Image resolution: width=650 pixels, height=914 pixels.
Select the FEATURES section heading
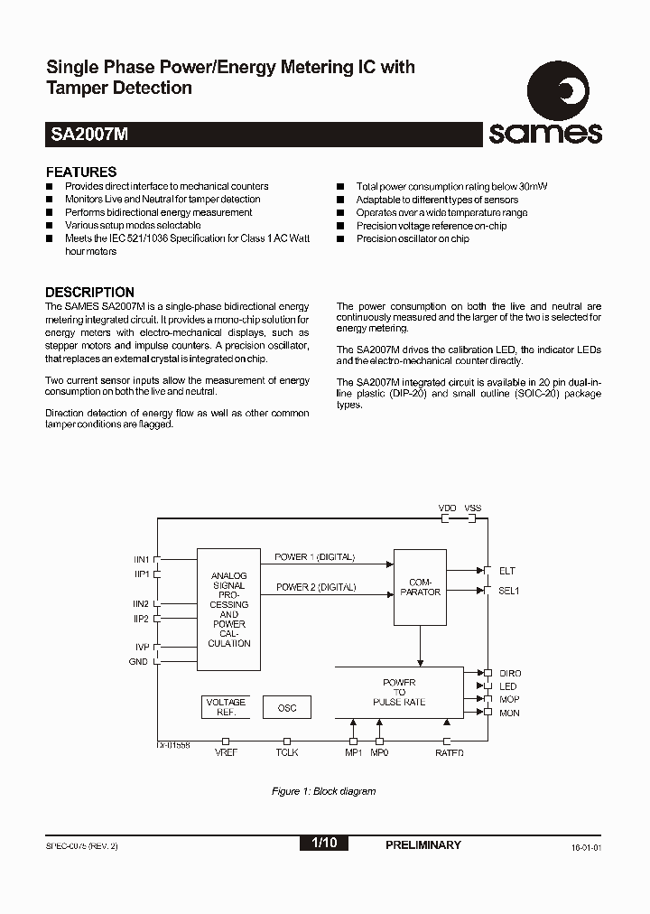(81, 172)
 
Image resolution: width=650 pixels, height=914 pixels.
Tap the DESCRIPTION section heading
(89, 292)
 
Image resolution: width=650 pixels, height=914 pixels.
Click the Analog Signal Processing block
(229, 609)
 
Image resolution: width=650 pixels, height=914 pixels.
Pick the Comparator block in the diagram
(420, 587)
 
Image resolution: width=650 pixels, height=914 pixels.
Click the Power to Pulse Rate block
(399, 693)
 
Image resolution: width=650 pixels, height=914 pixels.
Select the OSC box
(286, 707)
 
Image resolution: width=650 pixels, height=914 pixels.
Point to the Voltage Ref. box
(226, 707)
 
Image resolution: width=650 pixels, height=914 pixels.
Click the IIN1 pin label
(142, 560)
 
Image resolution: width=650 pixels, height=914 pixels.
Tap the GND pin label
(139, 662)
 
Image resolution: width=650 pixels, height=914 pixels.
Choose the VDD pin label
(447, 508)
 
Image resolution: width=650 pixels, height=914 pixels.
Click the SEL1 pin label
(509, 590)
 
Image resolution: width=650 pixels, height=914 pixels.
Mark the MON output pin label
(509, 713)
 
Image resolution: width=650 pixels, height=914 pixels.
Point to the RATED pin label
(449, 752)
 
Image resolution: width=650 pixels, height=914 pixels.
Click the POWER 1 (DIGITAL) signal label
(315, 557)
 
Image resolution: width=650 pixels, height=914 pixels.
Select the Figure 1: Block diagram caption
(324, 791)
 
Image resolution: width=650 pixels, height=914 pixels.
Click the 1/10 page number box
(323, 844)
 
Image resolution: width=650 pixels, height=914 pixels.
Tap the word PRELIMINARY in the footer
(422, 844)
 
